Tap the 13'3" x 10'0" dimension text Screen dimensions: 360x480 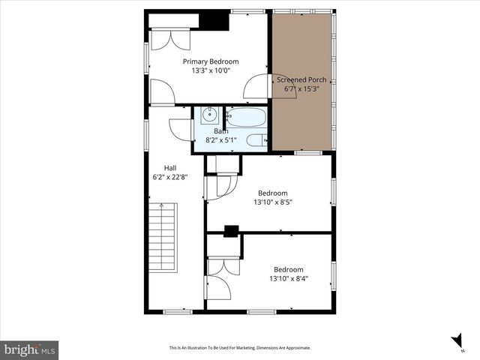pos(211,71)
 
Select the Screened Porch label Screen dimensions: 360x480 pos(301,79)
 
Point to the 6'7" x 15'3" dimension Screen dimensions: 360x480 pos(301,88)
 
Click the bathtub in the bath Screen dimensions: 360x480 pos(246,117)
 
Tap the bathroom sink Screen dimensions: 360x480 pos(209,116)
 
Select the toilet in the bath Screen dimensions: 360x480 pos(256,139)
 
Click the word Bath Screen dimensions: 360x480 pos(220,131)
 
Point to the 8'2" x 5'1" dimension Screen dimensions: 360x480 pos(220,140)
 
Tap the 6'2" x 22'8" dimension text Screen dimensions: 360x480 pos(170,178)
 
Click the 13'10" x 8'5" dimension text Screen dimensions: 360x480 pos(272,202)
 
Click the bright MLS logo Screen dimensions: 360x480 pos(30,349)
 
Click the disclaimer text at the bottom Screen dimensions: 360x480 pos(240,348)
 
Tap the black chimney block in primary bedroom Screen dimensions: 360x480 pos(215,21)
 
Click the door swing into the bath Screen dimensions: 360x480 pos(181,128)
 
